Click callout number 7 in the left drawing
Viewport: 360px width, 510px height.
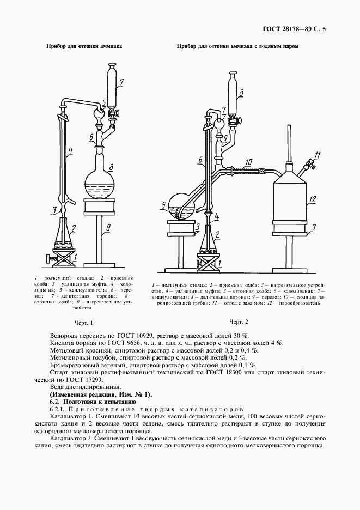pyautogui.click(x=121, y=82)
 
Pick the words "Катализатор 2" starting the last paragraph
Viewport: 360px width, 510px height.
pyautogui.click(x=71, y=438)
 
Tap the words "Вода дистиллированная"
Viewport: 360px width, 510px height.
pyautogui.click(x=80, y=386)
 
